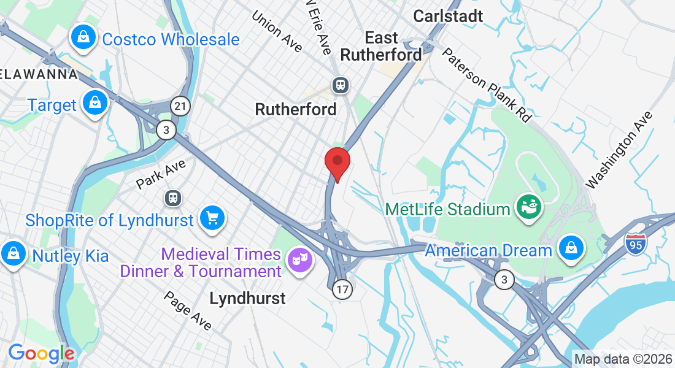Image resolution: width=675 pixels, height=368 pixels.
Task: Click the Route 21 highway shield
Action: pyautogui.click(x=180, y=106)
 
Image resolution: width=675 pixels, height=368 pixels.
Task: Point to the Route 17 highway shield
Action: pyautogui.click(x=343, y=290)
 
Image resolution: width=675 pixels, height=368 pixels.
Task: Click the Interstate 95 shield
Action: pyautogui.click(x=636, y=243)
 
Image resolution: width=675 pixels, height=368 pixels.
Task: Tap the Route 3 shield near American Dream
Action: pyautogui.click(x=504, y=280)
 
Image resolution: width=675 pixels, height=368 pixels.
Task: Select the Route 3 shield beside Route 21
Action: pyautogui.click(x=165, y=129)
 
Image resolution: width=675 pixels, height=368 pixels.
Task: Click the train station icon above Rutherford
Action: pyautogui.click(x=340, y=85)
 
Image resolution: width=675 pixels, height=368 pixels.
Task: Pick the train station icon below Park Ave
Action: pyautogui.click(x=174, y=198)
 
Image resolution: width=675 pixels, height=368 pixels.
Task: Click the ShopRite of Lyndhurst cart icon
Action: pyautogui.click(x=212, y=219)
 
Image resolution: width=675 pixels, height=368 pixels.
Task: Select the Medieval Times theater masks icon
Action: pyautogui.click(x=300, y=260)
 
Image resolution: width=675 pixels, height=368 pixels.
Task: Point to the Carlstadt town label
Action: pyautogui.click(x=449, y=16)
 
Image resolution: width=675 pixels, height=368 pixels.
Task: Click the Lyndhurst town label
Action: pyautogui.click(x=248, y=299)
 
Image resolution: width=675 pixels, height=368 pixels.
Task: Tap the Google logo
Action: pyautogui.click(x=40, y=353)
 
